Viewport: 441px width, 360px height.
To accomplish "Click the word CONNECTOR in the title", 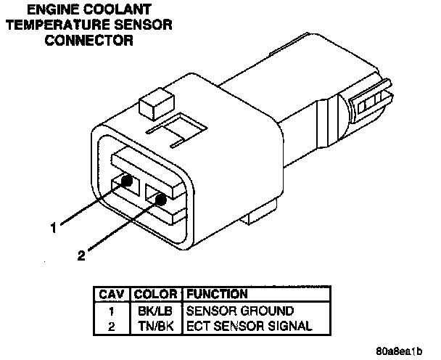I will tap(89, 40).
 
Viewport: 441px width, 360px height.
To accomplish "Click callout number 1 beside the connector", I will tap(53, 228).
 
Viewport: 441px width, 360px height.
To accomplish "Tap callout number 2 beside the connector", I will tap(81, 255).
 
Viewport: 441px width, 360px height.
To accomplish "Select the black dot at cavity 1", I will tap(127, 181).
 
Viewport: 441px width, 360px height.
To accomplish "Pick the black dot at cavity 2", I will tap(160, 197).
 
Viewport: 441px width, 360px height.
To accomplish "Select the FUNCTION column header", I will tap(218, 295).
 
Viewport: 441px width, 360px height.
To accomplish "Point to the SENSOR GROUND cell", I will tap(230, 311).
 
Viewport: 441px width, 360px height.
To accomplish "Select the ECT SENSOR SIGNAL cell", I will tap(239, 326).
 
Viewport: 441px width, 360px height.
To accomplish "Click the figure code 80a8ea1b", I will tap(399, 350).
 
